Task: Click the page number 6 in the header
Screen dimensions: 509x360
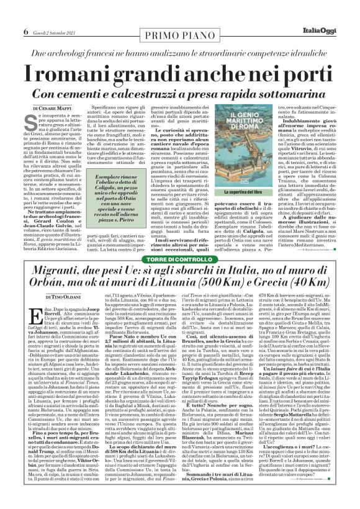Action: pyautogui.click(x=26, y=13)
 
